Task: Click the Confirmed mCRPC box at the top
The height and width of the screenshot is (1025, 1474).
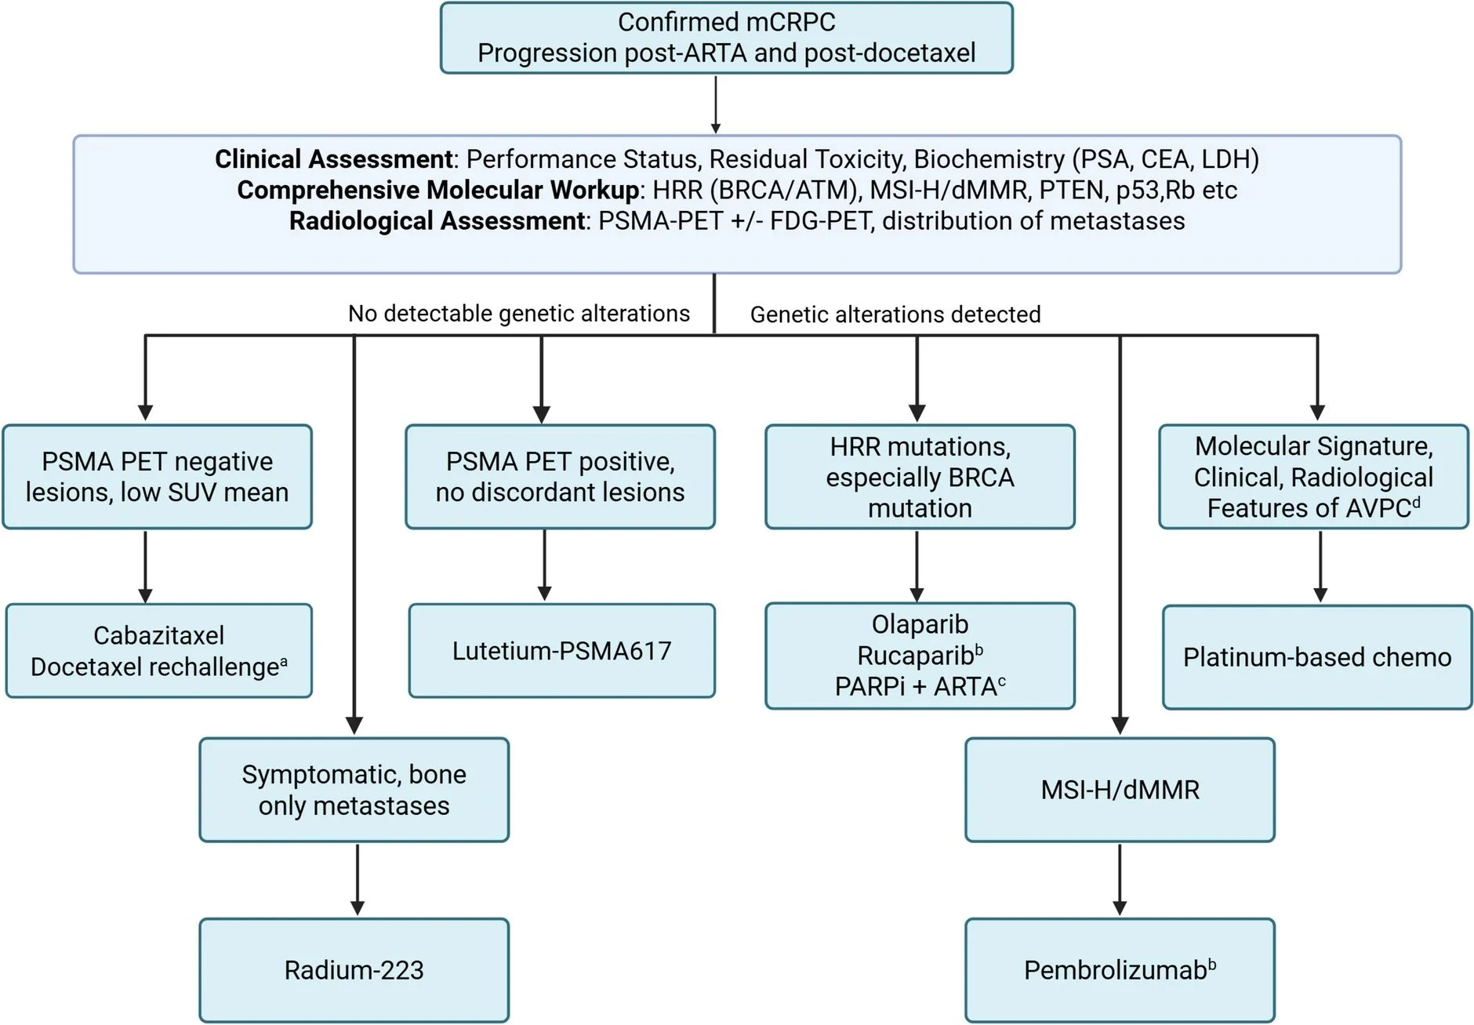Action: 726,38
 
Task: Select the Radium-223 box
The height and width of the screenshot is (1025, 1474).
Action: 354,970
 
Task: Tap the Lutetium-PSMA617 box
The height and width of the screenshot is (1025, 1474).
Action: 561,651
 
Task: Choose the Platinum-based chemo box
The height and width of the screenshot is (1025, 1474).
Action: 1317,657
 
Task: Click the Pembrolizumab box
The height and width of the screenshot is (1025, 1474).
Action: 1120,970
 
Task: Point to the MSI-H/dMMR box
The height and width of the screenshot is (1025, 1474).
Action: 1120,790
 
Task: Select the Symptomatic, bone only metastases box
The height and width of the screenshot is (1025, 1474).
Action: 354,790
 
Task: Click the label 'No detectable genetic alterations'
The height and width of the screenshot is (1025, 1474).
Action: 518,314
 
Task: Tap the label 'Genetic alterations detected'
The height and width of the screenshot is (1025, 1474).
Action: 895,314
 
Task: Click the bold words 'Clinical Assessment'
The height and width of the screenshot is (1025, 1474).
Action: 333,159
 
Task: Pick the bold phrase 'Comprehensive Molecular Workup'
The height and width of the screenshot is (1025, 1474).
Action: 437,190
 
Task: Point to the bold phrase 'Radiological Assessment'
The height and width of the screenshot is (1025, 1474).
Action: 437,221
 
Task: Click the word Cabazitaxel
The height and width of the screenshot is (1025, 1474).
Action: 158,635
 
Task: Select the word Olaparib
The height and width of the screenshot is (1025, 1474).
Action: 920,624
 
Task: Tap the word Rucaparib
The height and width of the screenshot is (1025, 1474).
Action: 915,656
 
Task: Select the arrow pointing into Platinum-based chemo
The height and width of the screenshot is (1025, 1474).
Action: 1320,566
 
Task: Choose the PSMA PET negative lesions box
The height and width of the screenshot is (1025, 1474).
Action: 157,477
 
